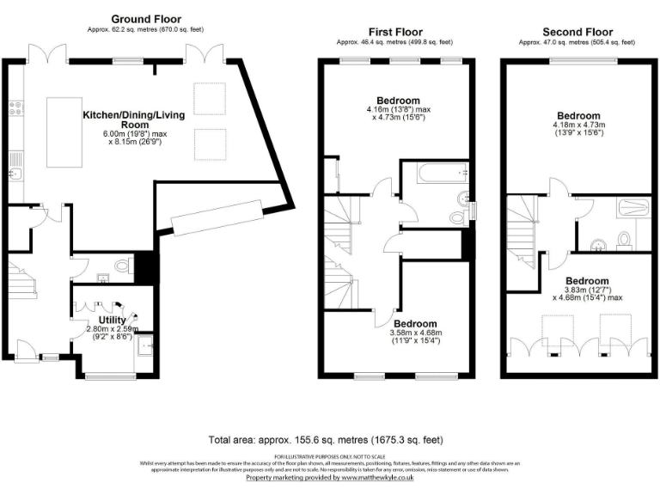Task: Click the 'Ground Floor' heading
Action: point(146,20)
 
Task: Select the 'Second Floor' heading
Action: point(577,32)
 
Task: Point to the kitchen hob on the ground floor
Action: point(15,109)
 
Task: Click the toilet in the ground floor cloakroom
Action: point(121,267)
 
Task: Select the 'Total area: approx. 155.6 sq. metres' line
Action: point(326,439)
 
